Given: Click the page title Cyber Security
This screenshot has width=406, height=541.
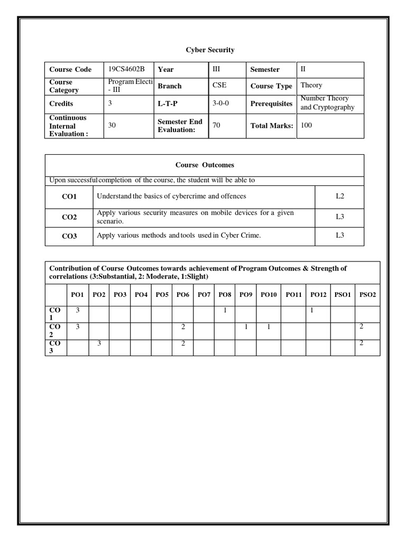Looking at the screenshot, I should [x=210, y=50].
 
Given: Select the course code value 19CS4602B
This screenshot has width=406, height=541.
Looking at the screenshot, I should [x=126, y=69].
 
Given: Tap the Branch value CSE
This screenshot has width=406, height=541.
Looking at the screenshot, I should [x=219, y=85].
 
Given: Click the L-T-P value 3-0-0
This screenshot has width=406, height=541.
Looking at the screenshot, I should [x=222, y=103].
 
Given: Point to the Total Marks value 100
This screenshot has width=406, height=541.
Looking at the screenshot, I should [x=307, y=125].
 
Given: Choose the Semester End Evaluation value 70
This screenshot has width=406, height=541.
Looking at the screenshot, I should [x=216, y=125].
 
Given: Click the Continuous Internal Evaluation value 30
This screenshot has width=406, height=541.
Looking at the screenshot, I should [x=112, y=125].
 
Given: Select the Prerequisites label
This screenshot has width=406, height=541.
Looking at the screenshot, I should [x=271, y=104].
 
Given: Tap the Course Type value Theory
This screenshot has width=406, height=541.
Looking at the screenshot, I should [x=311, y=85].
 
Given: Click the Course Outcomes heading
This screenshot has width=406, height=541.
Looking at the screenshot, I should [x=204, y=165].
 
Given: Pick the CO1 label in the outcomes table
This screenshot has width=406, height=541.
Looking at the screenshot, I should [x=69, y=197].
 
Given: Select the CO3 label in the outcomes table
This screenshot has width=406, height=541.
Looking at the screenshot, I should [x=69, y=236].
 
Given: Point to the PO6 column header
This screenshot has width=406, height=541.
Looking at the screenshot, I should [x=183, y=295].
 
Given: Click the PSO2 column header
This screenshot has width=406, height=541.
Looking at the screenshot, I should [x=367, y=295].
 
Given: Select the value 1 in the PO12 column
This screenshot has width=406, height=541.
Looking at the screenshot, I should [x=312, y=310].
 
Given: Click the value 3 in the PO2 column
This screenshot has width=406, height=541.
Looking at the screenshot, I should [x=99, y=343].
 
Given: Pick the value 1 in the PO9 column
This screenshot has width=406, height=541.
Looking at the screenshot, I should [x=246, y=327].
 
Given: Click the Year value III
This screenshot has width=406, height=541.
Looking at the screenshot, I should [x=216, y=69].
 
